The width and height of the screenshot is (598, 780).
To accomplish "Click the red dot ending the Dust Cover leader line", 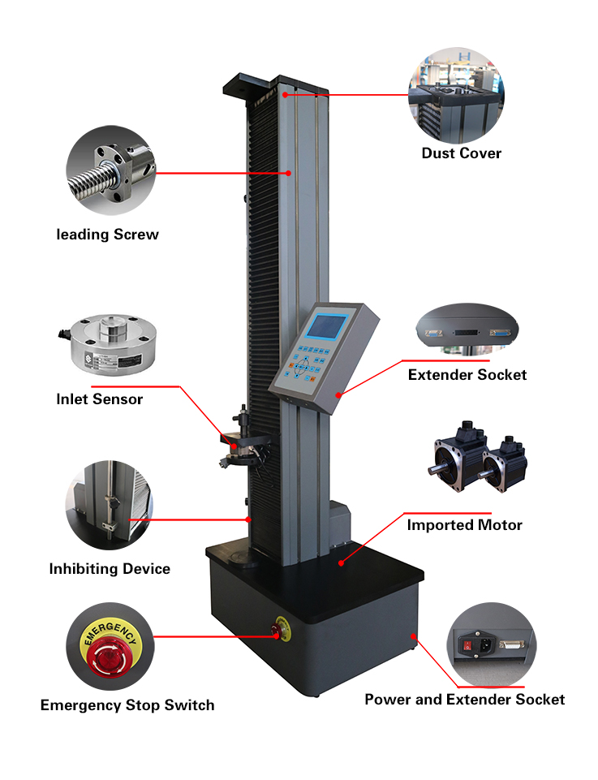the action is tap(286, 94).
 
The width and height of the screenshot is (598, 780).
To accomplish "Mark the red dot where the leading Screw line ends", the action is tap(288, 173).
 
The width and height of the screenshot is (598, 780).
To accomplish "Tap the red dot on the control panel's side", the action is tap(338, 395).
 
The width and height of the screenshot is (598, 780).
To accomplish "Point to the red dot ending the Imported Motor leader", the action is tap(341, 563).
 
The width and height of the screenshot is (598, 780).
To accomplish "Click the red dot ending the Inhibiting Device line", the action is tap(248, 519).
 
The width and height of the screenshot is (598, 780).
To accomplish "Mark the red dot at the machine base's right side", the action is tap(413, 636).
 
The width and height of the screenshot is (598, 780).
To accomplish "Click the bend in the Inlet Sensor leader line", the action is tap(179, 386).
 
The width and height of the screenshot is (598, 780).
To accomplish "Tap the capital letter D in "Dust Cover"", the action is tap(427, 153).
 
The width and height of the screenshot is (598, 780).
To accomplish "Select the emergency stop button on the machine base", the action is tap(281, 630).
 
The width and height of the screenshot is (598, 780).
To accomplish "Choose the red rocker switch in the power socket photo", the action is tap(467, 645).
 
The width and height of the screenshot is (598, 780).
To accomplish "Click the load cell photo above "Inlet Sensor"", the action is tap(110, 343).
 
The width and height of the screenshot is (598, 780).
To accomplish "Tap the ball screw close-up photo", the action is tap(111, 170).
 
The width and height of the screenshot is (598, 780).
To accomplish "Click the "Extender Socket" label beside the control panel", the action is tap(467, 375).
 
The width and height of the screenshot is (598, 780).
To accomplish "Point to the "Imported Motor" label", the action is tap(464, 525).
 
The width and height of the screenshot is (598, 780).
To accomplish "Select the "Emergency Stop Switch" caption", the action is tap(127, 705).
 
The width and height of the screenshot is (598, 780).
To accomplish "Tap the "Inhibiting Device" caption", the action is tap(110, 569).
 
